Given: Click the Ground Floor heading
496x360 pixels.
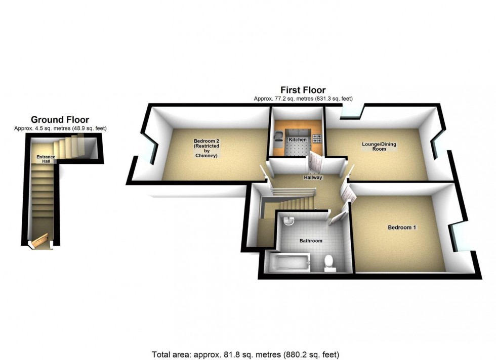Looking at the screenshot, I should (x=60, y=120).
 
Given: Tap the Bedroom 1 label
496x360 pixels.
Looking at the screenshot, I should (x=402, y=228).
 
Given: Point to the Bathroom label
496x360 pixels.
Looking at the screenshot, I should (x=311, y=241).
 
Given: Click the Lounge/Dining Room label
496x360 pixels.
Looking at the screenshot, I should (x=379, y=147).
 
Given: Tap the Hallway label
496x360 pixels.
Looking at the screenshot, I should (x=313, y=177).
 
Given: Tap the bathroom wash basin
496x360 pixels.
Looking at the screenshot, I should (x=288, y=220).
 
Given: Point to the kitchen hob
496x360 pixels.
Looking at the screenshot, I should (x=316, y=138).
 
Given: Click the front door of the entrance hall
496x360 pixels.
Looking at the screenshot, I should (x=41, y=240).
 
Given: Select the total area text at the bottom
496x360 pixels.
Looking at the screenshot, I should (x=245, y=354).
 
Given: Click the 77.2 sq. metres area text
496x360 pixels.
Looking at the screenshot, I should (x=303, y=99).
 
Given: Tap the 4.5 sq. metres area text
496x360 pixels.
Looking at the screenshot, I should (x=60, y=128).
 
